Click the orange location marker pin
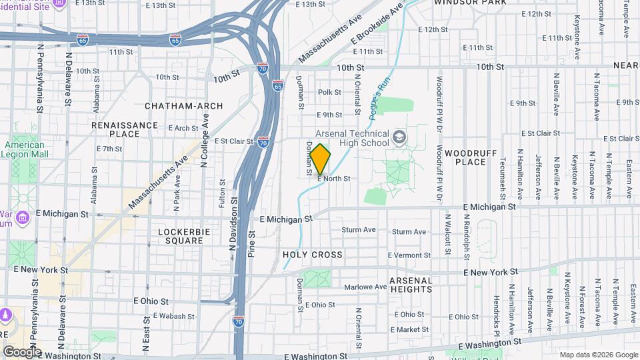pyautogui.click(x=320, y=159)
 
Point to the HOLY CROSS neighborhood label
pyautogui.click(x=312, y=255)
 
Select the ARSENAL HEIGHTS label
pyautogui.click(x=411, y=285)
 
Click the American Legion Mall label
pyautogui.click(x=25, y=149)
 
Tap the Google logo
pyautogui.click(x=21, y=352)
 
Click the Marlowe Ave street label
pyautogui.click(x=365, y=287)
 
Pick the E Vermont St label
pyautogui.click(x=409, y=255)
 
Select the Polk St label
pyautogui.click(x=329, y=93)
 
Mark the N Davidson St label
pyautogui.click(x=233, y=223)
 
